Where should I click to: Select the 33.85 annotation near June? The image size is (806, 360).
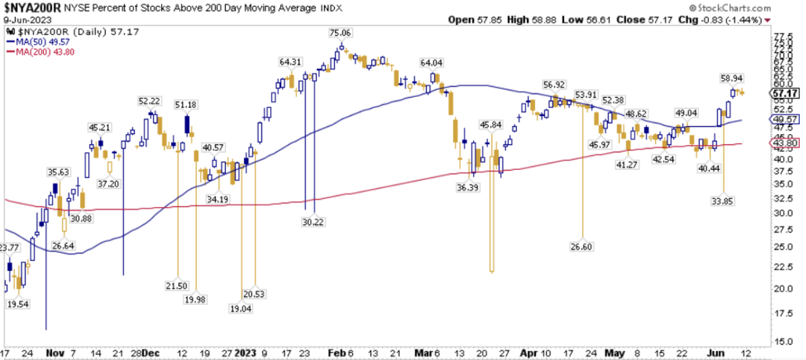722,200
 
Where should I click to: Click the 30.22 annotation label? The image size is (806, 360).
312,221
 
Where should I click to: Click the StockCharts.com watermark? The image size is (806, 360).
759,7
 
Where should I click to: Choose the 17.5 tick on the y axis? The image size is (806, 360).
778,313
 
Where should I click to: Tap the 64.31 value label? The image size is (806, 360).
289,61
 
